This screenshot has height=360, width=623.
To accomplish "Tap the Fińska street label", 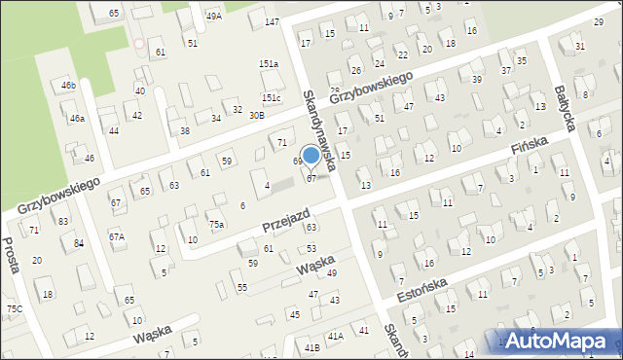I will tap(530, 151).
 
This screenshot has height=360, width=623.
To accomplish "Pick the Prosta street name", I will tap(11, 255).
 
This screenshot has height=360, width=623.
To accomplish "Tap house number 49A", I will tap(214, 16).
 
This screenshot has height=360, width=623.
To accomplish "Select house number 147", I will tap(272, 21).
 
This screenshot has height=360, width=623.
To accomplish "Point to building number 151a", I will tap(269, 63).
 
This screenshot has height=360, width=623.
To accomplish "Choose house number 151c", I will tap(271, 97).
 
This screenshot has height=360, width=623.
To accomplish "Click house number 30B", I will tap(256, 115).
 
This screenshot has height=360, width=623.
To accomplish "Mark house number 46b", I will tap(68, 86).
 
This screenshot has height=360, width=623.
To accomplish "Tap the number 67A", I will tap(117, 236).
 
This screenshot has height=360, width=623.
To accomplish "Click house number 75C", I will tap(15, 308).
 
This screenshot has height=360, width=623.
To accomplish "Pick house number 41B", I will tap(312, 347).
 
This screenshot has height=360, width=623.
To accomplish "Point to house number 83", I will tap(63, 221).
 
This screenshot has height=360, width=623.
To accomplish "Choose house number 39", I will tap(477, 79).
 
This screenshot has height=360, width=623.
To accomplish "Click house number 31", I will tap(580, 46).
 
